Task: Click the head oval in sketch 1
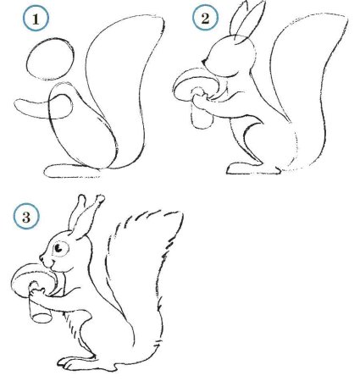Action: coord(47,63)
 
